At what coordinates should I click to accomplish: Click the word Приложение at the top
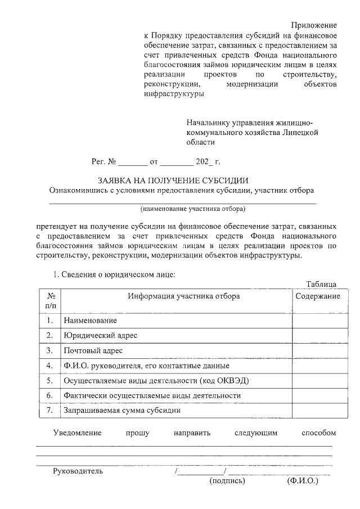314,26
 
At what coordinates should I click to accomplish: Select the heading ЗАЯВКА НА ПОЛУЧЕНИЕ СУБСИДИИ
173,181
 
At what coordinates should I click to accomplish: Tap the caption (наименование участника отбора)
193,209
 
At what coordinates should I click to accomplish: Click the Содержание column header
317,296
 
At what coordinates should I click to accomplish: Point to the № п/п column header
50,300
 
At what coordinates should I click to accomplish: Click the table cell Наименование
90,321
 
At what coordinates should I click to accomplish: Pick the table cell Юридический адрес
101,335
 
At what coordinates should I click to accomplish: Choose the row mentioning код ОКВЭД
156,381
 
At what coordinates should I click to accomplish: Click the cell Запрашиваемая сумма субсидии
122,411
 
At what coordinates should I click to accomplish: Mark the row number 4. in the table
50,366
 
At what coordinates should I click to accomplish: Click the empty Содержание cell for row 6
317,395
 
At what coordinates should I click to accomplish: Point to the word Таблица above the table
321,283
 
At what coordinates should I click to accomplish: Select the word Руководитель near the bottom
78,471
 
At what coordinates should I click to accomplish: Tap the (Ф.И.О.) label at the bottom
302,481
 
